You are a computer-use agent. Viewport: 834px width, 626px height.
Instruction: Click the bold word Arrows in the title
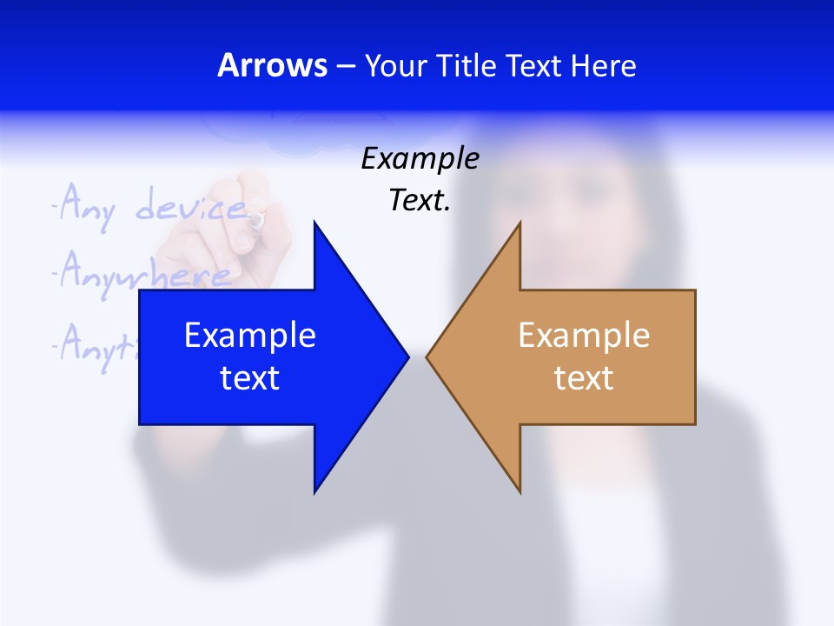coord(272,66)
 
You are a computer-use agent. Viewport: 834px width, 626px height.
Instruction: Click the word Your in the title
coord(394,66)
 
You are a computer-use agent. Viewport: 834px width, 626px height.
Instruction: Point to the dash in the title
coord(345,67)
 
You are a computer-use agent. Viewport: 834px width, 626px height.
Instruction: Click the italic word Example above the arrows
coord(420,159)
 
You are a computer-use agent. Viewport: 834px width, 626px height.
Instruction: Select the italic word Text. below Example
coord(420,201)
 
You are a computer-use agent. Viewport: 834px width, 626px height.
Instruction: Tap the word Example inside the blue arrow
coord(250,336)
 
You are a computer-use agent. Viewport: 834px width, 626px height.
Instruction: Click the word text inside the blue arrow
coord(250,378)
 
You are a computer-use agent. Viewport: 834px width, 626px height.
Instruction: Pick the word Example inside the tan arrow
coord(584,336)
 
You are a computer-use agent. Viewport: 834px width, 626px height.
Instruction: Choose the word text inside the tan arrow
coord(584,378)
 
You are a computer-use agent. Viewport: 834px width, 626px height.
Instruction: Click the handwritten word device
coord(191,207)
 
